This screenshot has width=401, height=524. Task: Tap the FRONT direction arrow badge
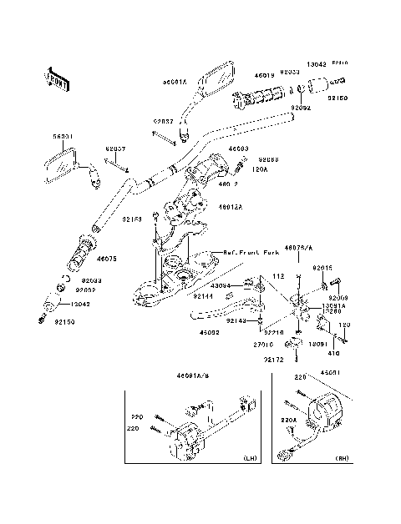click(x=53, y=81)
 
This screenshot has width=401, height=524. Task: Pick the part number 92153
click(x=135, y=219)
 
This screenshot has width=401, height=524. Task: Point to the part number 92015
click(x=322, y=267)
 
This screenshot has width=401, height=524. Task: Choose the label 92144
click(x=203, y=295)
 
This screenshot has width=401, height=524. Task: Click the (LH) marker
click(x=249, y=460)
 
